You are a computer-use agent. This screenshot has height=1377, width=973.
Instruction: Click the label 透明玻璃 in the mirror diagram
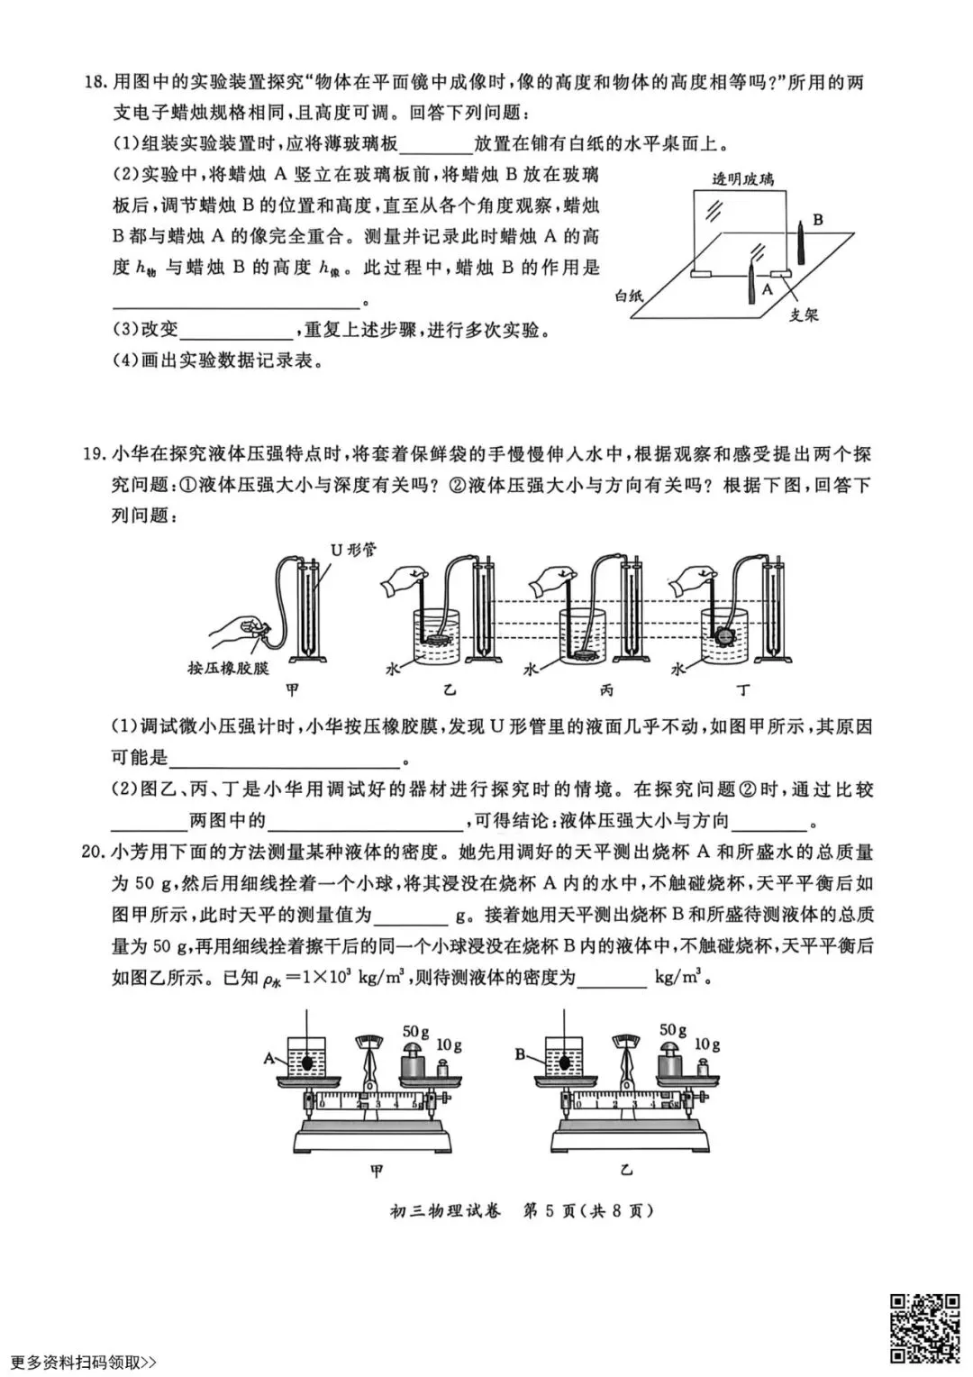(743, 178)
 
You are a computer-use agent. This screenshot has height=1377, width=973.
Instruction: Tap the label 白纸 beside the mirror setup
(631, 295)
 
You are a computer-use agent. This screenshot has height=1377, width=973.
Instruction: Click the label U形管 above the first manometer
(354, 549)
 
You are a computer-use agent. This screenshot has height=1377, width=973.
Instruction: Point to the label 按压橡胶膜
(229, 668)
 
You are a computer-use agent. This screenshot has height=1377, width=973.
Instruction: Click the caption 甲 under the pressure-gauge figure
(292, 691)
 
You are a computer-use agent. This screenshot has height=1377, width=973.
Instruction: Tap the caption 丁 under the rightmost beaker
(743, 691)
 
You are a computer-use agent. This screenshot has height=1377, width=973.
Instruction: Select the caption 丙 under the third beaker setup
(606, 691)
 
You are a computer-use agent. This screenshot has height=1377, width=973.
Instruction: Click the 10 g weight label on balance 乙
(706, 1044)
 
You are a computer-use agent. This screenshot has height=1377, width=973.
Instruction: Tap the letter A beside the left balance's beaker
(268, 1060)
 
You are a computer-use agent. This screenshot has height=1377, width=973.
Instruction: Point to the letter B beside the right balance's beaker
(522, 1053)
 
